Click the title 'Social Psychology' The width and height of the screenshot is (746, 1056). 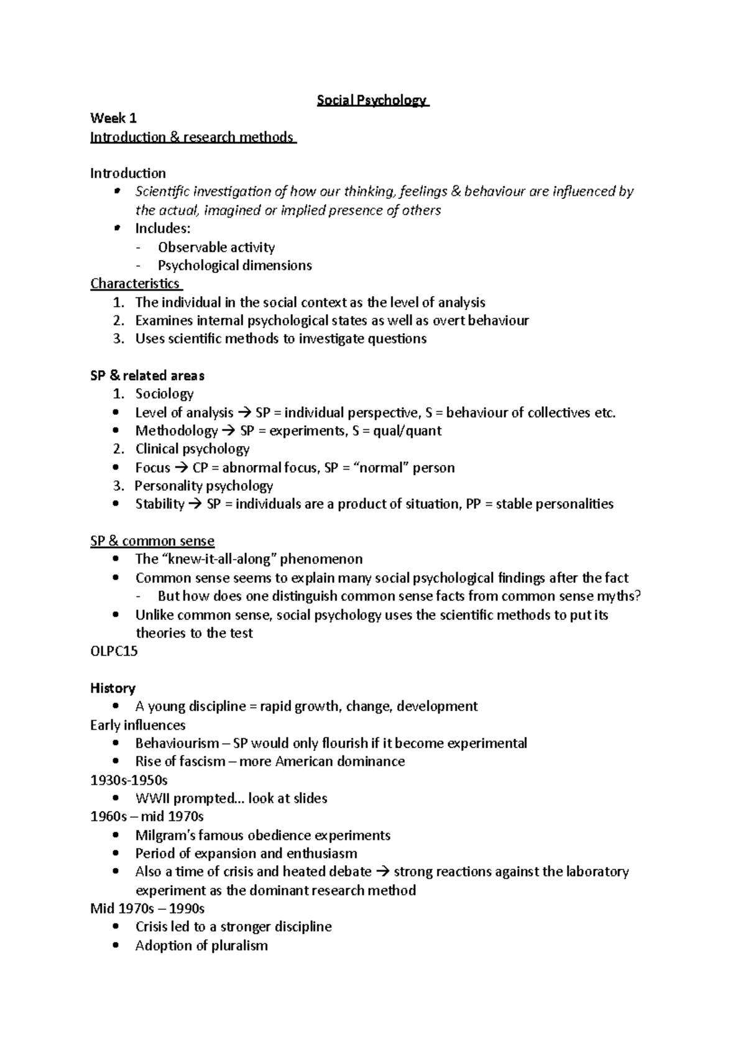372,100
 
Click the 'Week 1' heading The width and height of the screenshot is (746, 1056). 113,118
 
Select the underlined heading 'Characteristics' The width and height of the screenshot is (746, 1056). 135,284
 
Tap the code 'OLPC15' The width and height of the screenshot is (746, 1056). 114,651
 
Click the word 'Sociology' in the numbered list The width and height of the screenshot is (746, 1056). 164,394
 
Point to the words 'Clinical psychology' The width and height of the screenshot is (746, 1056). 192,449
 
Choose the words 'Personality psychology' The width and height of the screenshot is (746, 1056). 204,486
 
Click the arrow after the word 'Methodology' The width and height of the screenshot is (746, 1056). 229,431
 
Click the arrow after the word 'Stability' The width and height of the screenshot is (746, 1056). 195,504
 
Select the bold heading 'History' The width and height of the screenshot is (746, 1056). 113,688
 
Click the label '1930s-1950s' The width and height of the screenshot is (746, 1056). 129,780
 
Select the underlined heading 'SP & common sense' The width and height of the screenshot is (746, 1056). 152,541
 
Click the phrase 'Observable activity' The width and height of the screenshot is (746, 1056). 216,248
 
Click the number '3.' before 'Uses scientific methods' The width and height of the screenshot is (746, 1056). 119,339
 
